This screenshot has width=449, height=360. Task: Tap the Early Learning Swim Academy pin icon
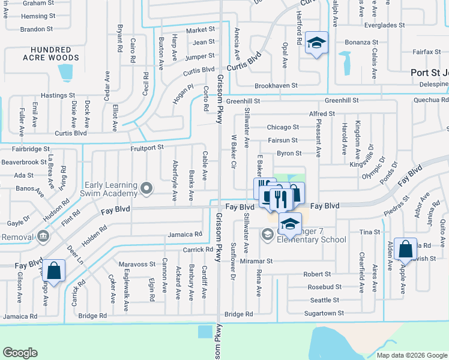pyautogui.click(x=145, y=190)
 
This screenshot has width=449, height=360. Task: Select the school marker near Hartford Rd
pyautogui.click(x=316, y=43)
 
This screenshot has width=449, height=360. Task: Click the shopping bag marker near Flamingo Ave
pyautogui.click(x=54, y=271)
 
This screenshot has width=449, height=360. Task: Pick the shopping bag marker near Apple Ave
pyautogui.click(x=405, y=250)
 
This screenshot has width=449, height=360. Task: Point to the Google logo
pyautogui.click(x=20, y=353)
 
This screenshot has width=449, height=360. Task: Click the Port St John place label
pyautogui.click(x=429, y=73)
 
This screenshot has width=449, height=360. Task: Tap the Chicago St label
pyautogui.click(x=283, y=127)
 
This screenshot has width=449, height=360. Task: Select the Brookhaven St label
pyautogui.click(x=276, y=86)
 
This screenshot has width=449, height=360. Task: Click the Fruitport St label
pyautogui.click(x=146, y=148)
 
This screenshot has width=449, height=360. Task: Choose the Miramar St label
pyautogui.click(x=257, y=262)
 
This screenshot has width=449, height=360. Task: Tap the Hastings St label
pyautogui.click(x=58, y=95)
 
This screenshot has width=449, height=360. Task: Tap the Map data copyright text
pyautogui.click(x=411, y=355)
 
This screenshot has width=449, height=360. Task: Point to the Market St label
pyautogui.click(x=200, y=29)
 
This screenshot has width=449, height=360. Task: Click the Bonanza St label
pyautogui.click(x=361, y=43)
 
